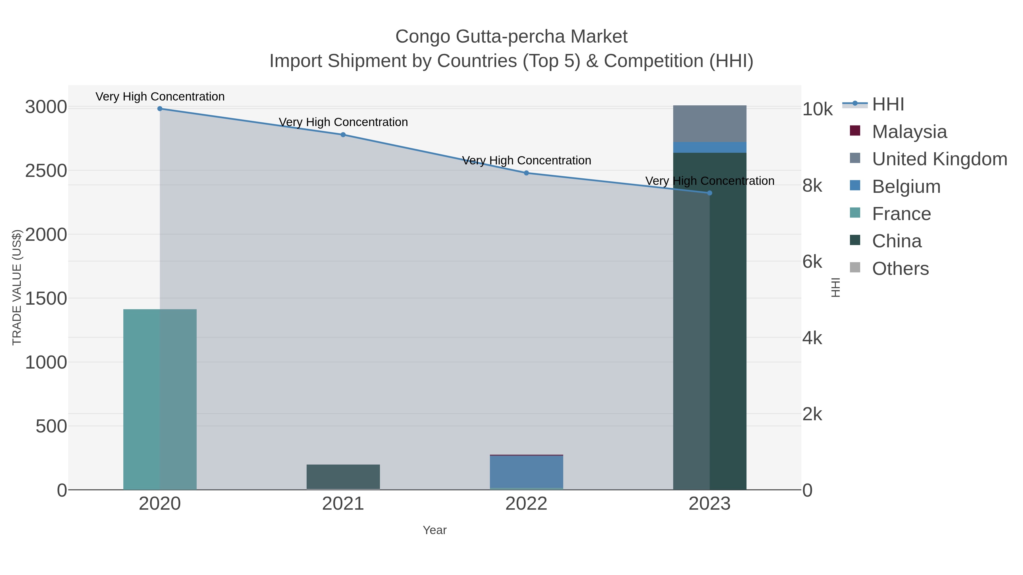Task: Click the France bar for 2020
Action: (x=160, y=399)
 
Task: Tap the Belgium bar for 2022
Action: (x=526, y=471)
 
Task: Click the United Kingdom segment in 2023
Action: (x=710, y=124)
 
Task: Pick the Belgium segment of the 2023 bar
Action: (x=710, y=147)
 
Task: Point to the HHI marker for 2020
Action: (x=160, y=108)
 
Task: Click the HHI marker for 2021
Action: (x=343, y=135)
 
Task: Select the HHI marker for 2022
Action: (x=526, y=173)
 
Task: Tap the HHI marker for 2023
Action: (x=710, y=193)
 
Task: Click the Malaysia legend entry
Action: (x=909, y=132)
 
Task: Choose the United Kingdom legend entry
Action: (x=939, y=159)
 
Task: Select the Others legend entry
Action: (x=900, y=269)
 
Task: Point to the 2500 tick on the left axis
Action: (x=46, y=171)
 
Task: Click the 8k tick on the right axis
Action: (x=812, y=186)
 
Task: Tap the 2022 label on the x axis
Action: (x=526, y=504)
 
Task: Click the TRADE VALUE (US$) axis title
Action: (x=17, y=287)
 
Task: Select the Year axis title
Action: (x=434, y=530)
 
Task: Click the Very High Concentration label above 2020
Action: (x=160, y=97)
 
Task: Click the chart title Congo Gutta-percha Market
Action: (x=511, y=37)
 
